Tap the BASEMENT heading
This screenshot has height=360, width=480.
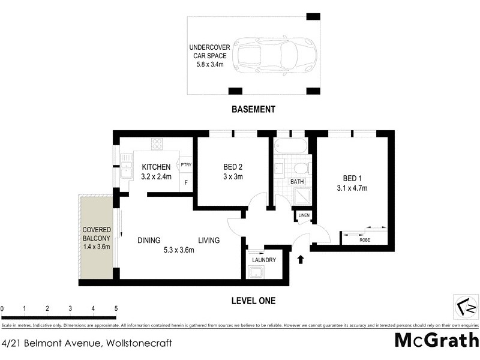coord(253,109)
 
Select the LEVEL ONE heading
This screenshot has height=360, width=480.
coord(253,301)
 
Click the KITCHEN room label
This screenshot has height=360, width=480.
coord(157,167)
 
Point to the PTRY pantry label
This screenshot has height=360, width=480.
coord(185,164)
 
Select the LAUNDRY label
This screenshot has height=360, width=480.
coord(263,260)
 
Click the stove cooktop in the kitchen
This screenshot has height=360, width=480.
coord(157,144)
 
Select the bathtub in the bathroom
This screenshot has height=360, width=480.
coord(290,145)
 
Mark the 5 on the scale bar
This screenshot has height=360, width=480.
coord(116,309)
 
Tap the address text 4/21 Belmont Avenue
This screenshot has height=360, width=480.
coord(87,343)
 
